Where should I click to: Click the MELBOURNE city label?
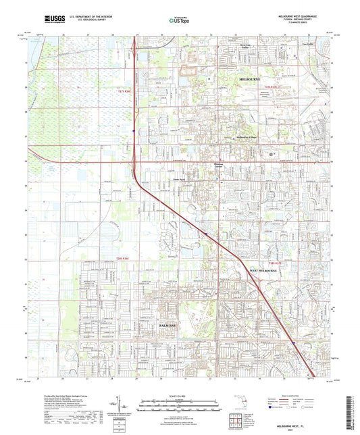coord(250,79)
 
